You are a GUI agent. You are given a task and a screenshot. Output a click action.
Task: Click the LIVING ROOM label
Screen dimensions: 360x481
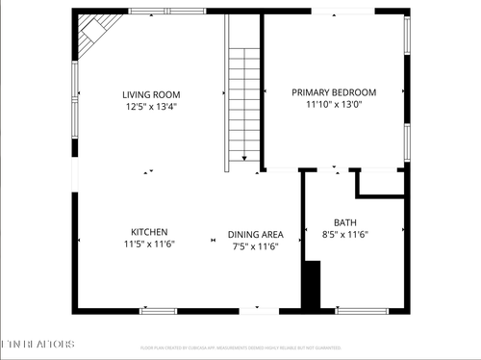point(151,94)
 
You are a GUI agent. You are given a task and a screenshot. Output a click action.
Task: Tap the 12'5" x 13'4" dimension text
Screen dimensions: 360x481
point(151,107)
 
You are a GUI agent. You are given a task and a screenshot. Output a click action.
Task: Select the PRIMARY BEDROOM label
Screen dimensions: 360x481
point(334,92)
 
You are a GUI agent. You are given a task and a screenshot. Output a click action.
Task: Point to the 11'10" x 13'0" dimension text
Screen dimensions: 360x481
point(334,104)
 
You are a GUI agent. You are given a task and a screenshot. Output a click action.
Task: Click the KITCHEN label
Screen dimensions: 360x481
point(149,232)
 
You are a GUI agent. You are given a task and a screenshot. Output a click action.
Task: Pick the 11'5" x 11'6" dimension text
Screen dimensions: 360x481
point(149,245)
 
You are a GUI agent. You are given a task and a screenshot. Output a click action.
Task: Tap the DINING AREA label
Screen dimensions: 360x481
point(255,234)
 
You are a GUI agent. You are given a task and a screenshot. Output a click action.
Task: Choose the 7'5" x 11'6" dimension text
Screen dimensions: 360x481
point(255,246)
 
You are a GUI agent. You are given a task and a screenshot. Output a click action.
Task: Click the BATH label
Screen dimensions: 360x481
point(344,221)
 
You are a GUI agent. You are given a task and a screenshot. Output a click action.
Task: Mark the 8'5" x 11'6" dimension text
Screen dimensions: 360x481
point(344,234)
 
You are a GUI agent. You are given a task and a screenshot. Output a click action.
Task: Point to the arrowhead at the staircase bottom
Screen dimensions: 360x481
point(246,160)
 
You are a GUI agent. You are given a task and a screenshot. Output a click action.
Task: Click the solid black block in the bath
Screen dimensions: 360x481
point(311,285)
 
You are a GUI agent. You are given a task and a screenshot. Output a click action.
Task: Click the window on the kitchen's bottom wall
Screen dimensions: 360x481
point(159,311)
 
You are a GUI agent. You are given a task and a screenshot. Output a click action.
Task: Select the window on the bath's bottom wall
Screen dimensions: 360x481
point(362,311)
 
